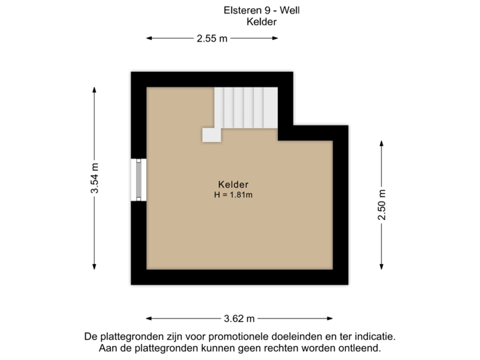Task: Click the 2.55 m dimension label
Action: [212, 39]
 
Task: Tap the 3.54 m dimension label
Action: [96, 179]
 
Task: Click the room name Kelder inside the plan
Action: [233, 184]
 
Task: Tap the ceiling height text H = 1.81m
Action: [233, 195]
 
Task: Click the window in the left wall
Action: [137, 179]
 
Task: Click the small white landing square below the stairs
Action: [212, 135]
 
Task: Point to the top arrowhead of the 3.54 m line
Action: [95, 93]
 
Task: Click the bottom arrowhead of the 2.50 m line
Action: [382, 263]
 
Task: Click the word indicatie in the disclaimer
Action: [378, 337]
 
